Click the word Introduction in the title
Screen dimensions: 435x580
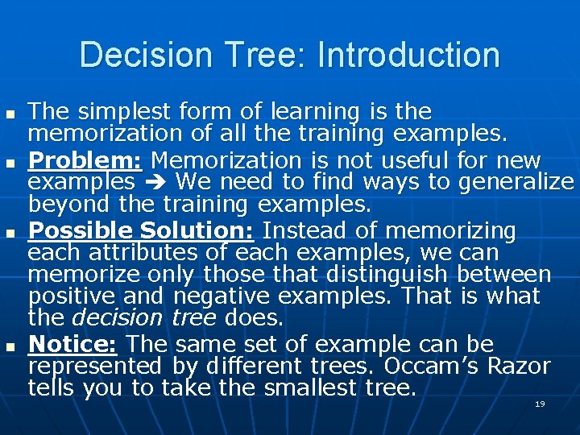(x=408, y=55)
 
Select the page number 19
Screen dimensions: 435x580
(x=540, y=404)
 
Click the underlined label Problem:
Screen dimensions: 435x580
(x=85, y=159)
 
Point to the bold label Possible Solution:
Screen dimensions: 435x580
(x=141, y=230)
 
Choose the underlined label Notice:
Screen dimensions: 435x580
(x=73, y=345)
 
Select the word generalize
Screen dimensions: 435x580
(x=516, y=182)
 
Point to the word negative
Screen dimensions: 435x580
(x=217, y=296)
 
